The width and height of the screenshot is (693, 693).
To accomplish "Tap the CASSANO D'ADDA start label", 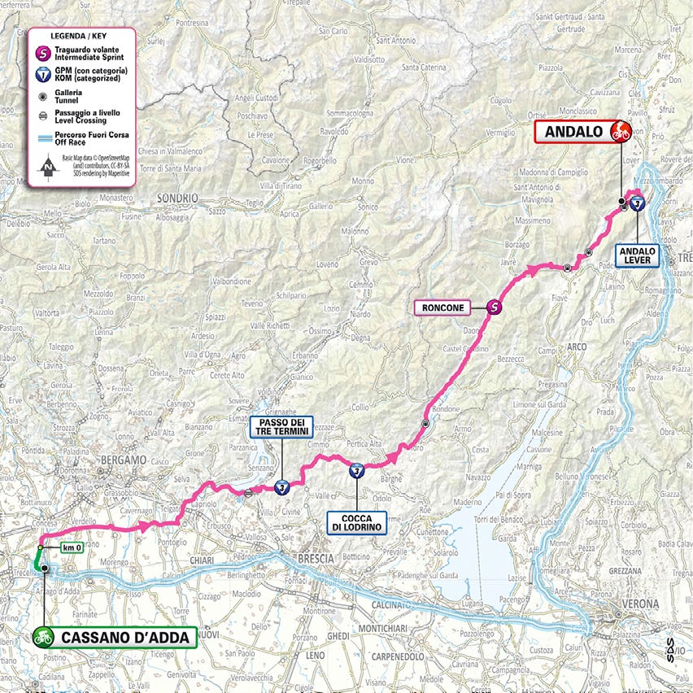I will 115,637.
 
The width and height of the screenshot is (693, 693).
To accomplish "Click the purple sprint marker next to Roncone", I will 494,307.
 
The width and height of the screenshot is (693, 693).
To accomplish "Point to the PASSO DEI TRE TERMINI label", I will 281,427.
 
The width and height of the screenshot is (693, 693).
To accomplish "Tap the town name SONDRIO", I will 179,198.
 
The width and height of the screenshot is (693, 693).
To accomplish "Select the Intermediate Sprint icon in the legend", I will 43,54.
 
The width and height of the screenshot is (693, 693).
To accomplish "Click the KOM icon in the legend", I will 43,76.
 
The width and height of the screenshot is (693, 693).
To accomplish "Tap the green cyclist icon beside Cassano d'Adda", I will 44,637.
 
